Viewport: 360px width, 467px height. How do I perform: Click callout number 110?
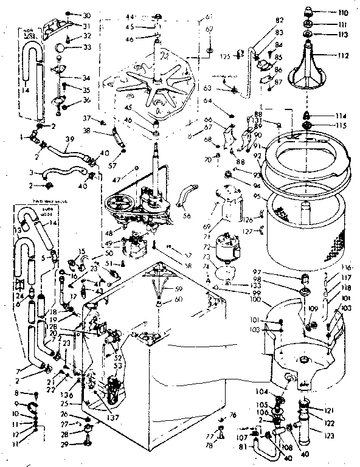(344, 12)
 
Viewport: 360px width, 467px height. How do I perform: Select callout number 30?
(86, 15)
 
